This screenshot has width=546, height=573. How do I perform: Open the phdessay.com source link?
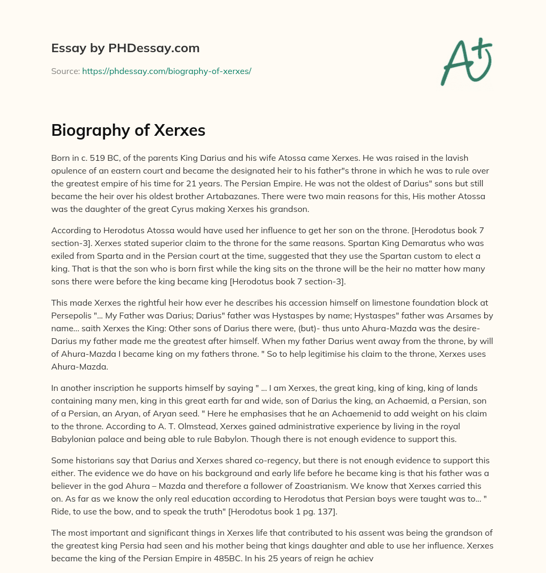(x=166, y=71)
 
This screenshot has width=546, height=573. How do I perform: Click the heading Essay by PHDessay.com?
(x=125, y=48)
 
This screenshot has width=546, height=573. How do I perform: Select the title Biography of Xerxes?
(x=128, y=130)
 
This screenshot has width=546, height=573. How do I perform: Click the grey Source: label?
(x=66, y=71)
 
